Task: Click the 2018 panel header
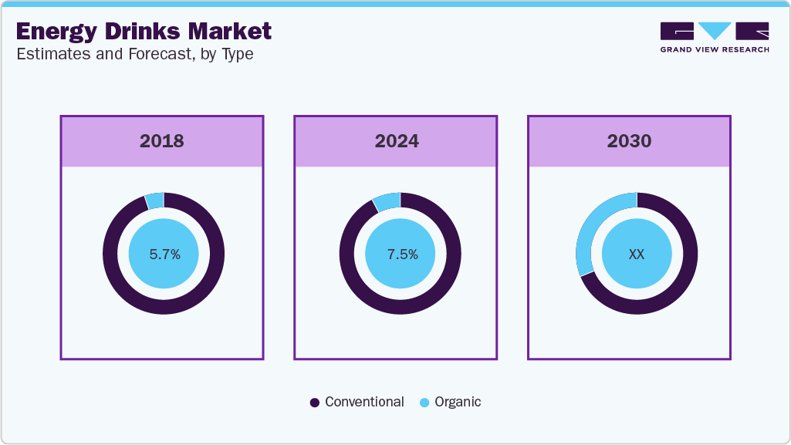(x=162, y=141)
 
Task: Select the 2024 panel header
(x=397, y=141)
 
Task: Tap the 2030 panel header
(x=629, y=141)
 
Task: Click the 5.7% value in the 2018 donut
(x=164, y=254)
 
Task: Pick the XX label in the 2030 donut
(x=637, y=254)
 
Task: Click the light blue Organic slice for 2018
(x=155, y=201)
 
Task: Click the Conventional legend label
(x=364, y=402)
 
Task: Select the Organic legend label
(x=458, y=402)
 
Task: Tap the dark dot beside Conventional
(x=315, y=403)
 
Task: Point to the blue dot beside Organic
(x=424, y=403)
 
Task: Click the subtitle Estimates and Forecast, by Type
(x=135, y=54)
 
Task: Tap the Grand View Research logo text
(x=715, y=49)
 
